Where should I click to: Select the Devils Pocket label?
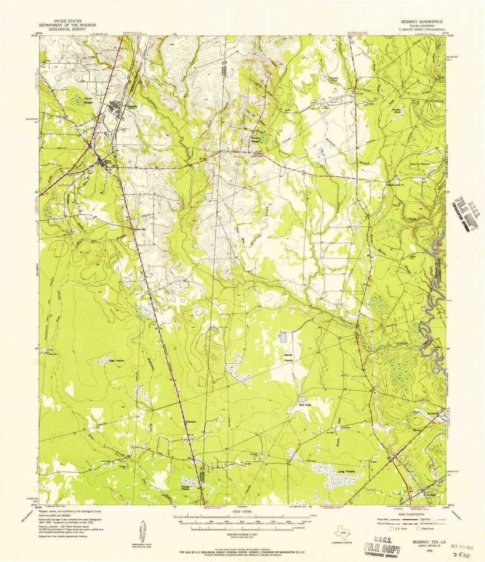(x=420, y=164)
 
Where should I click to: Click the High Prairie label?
(x=116, y=360)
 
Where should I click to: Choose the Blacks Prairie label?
(x=288, y=357)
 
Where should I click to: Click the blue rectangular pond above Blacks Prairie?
(x=282, y=337)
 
